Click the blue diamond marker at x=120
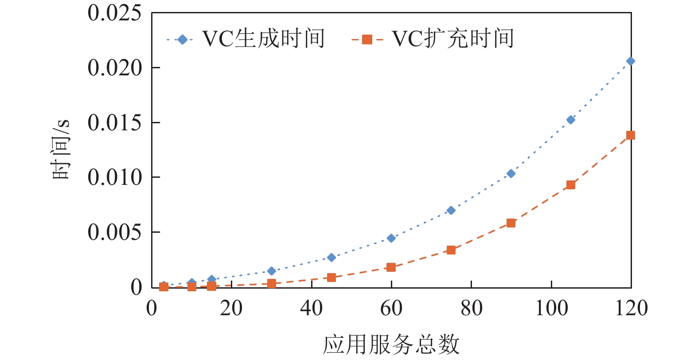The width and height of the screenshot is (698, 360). click(631, 61)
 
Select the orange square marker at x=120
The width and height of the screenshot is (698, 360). click(631, 135)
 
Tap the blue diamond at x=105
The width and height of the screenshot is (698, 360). click(571, 120)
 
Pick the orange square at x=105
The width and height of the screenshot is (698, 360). click(571, 185)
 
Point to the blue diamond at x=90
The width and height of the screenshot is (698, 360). click(511, 173)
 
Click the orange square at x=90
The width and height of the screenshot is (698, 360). click(511, 223)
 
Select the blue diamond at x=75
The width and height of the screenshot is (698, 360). click(451, 210)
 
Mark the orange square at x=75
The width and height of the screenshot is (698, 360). click(451, 250)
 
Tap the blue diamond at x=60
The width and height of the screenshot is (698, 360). click(391, 238)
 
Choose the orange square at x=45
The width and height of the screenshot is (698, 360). click(331, 278)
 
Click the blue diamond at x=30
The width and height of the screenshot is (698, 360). click(272, 271)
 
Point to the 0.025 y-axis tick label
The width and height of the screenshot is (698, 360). click(114, 13)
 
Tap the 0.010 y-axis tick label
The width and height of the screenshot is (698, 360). click(114, 177)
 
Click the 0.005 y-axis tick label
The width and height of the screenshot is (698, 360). click(114, 232)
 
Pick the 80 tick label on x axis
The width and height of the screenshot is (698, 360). click(471, 308)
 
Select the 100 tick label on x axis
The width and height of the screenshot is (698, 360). click(551, 308)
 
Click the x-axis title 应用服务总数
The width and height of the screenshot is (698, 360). click(391, 345)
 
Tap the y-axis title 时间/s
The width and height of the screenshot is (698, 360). click(61, 149)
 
